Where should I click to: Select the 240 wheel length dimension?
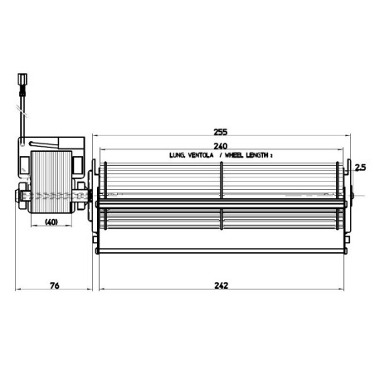222,145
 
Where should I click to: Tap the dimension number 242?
222,285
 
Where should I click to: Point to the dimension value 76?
54,285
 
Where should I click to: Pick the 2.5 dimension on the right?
359,167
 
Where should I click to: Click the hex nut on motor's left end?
19,198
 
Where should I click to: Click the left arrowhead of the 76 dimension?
20,293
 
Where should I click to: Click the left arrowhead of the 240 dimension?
101,150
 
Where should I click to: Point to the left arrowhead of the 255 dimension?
93,137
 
